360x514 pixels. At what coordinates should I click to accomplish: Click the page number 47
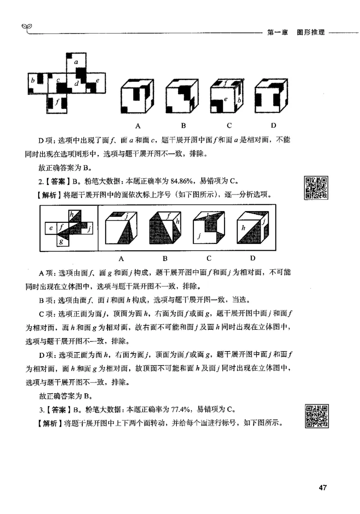tap(322, 487)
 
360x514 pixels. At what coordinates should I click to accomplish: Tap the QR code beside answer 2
tap(315, 188)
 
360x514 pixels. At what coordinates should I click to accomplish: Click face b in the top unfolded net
tap(36, 81)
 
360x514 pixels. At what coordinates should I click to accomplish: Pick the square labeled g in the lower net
tap(62, 241)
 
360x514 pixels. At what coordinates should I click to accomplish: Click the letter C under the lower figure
tap(209, 258)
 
